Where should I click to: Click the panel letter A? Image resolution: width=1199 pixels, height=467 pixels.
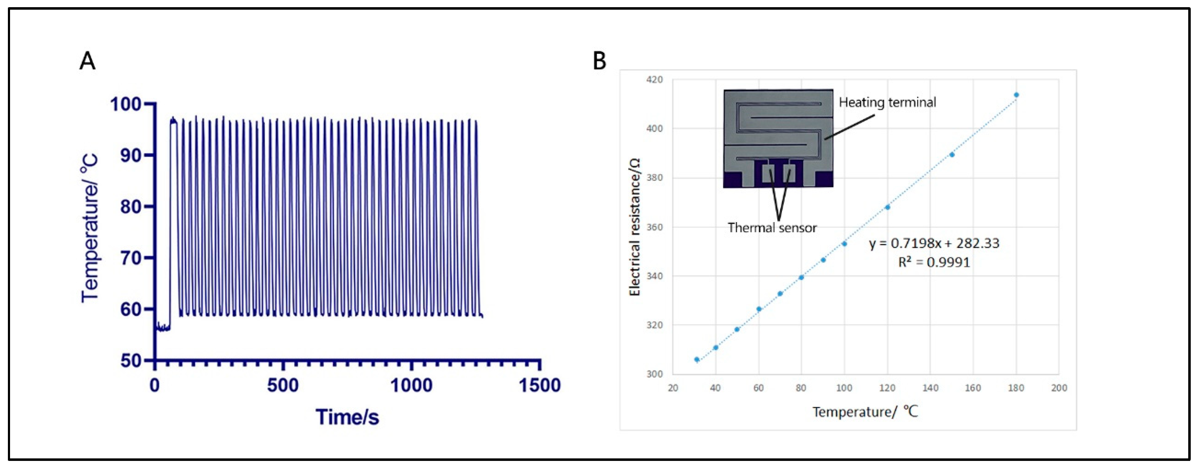click(x=88, y=61)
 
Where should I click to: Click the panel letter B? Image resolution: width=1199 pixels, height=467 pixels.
click(x=599, y=61)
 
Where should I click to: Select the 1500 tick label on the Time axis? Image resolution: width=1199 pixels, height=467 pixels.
click(x=540, y=386)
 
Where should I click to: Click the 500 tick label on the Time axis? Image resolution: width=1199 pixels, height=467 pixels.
click(x=283, y=386)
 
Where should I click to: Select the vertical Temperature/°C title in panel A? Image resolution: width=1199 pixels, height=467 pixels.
click(x=90, y=228)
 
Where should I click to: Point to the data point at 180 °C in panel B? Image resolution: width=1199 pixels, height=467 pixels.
click(x=1016, y=95)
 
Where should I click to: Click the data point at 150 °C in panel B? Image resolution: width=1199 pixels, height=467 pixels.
click(x=952, y=155)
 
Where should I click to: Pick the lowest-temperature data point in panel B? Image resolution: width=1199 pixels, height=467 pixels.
click(x=697, y=359)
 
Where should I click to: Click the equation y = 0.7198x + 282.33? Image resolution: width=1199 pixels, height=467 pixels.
click(x=934, y=243)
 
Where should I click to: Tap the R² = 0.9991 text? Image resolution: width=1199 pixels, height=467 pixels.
click(x=934, y=262)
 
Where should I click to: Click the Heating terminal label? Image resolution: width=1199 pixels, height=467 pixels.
click(x=887, y=102)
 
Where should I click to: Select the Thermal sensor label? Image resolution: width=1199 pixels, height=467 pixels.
click(x=772, y=228)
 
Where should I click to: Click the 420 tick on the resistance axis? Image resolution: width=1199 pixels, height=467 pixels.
click(x=654, y=80)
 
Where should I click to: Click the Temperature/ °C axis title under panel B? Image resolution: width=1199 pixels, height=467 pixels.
click(x=865, y=412)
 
